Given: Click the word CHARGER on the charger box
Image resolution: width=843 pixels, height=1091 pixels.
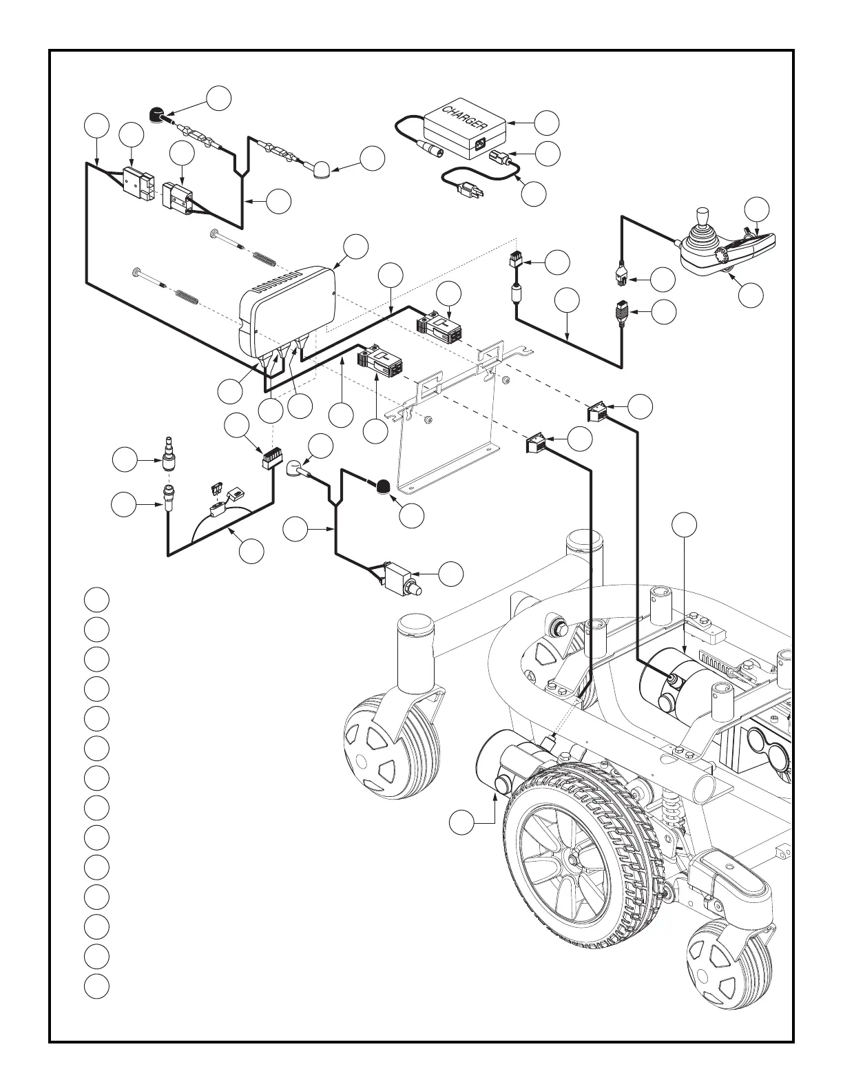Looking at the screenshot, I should click(x=465, y=118).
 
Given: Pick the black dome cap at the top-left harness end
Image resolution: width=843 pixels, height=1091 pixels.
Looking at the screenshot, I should click(x=158, y=114).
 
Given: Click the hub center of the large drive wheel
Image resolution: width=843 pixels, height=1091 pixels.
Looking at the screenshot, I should click(x=571, y=860).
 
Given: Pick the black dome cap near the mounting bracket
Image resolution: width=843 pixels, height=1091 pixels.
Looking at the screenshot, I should click(x=381, y=486).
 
